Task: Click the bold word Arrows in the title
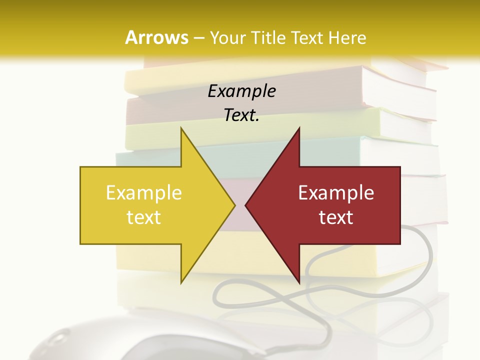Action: click(156, 37)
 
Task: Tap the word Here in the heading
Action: click(347, 38)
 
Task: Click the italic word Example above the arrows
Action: click(241, 91)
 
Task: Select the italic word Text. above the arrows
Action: click(241, 115)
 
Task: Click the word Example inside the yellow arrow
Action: click(144, 193)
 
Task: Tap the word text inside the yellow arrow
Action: click(144, 217)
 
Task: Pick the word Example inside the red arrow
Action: click(336, 193)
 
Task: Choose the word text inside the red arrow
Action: click(336, 217)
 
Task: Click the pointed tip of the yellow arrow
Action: click(234, 204)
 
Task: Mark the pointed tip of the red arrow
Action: click(246, 204)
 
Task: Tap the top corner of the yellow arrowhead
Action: click(181, 128)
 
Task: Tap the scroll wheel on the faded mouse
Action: click(58, 339)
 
